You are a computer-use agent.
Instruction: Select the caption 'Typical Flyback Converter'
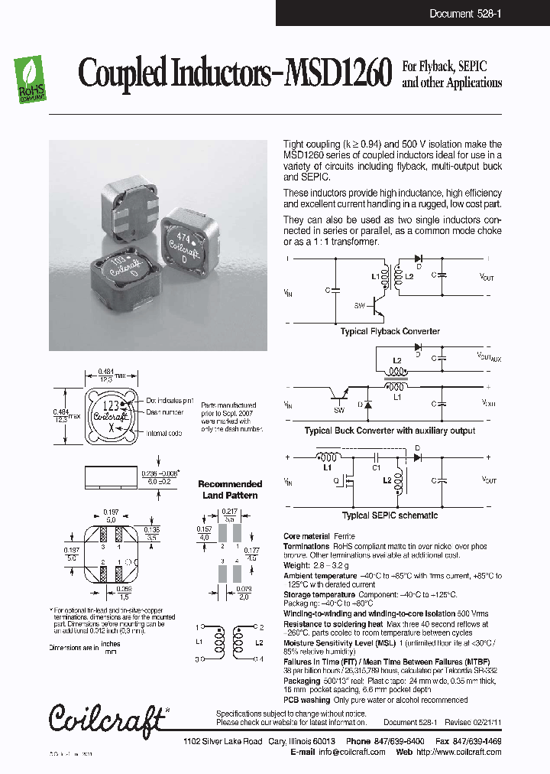[390, 331]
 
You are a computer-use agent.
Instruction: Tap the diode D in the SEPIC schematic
[417, 457]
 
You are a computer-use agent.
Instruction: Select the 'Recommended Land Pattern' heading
[229, 489]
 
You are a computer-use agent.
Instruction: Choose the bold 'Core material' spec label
[306, 536]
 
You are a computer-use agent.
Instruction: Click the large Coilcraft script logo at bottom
[107, 717]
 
